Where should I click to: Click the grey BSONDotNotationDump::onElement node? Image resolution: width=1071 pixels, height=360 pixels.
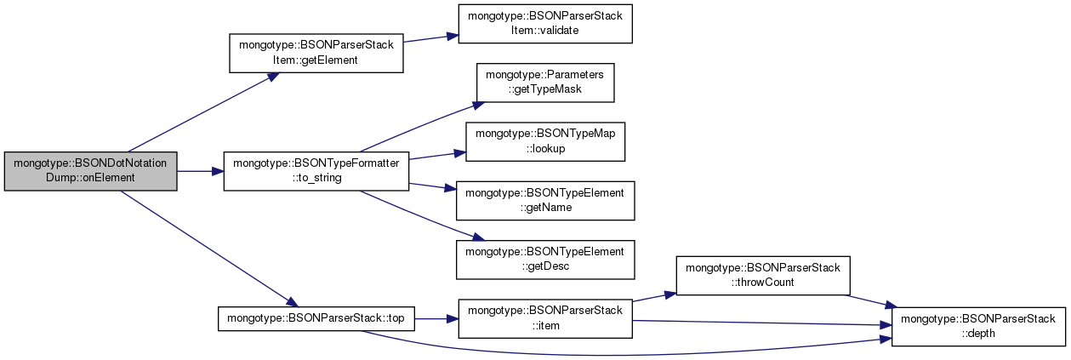click(90, 171)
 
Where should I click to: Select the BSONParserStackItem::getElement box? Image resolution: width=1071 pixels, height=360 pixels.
click(316, 53)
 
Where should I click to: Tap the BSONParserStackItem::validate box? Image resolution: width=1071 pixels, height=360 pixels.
click(545, 24)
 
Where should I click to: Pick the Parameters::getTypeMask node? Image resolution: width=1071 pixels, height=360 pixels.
click(545, 83)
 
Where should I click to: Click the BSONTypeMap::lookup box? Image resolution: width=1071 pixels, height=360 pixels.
click(545, 141)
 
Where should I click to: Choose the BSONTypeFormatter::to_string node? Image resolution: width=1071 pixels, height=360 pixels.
click(316, 171)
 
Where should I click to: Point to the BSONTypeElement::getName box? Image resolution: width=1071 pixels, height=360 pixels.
click(545, 201)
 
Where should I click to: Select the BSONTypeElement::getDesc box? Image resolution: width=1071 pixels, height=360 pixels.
click(545, 260)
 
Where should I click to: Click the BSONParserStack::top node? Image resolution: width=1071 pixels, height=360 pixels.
click(316, 319)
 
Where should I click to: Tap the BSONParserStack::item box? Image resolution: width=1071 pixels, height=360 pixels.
click(545, 319)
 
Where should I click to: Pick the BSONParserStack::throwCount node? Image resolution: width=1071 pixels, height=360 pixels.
click(763, 276)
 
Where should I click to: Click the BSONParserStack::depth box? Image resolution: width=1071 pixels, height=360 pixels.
click(978, 327)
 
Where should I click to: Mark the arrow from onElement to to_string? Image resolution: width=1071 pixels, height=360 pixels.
click(201, 171)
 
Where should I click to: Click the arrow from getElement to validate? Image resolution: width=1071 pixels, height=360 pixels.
click(430, 38)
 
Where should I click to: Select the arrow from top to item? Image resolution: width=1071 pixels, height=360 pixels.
click(436, 319)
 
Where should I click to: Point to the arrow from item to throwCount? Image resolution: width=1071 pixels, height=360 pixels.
click(654, 297)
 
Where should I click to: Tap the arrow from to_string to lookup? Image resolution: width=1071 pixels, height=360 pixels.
click(437, 156)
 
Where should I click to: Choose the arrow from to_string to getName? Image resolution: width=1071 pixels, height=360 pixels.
click(433, 186)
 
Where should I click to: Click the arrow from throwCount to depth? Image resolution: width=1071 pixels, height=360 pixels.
click(871, 301)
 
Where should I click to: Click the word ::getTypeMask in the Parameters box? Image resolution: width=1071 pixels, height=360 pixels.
click(545, 89)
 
